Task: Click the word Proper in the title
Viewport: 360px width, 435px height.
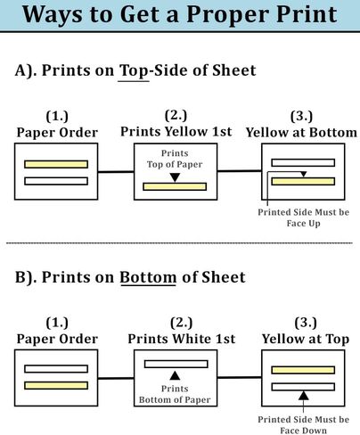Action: click(x=227, y=15)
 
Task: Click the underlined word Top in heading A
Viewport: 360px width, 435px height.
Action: click(x=134, y=71)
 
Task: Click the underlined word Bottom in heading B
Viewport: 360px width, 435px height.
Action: click(x=148, y=277)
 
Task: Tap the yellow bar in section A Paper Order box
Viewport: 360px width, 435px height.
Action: click(x=56, y=164)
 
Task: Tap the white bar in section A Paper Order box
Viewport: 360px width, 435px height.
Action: click(x=56, y=181)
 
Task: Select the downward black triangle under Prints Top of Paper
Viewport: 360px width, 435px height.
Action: click(x=175, y=177)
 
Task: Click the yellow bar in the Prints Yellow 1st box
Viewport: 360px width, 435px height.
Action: click(x=175, y=186)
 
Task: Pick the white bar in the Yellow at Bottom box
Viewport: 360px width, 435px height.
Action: click(x=303, y=163)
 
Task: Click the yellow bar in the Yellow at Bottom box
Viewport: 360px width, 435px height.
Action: click(x=303, y=181)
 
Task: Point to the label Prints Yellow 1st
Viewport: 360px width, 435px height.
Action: click(x=176, y=131)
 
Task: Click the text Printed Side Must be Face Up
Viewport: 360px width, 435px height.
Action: click(x=303, y=217)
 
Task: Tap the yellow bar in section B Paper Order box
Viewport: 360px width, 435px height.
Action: click(x=56, y=386)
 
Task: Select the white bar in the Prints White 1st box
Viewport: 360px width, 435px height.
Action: click(x=176, y=364)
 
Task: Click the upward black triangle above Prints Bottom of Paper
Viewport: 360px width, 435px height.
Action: click(x=175, y=376)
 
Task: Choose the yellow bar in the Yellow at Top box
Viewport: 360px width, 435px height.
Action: click(x=303, y=370)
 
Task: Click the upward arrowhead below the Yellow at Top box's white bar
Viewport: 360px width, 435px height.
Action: click(x=303, y=396)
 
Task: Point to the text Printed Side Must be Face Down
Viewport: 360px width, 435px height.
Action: click(x=303, y=425)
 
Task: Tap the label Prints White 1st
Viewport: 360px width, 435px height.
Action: click(x=182, y=339)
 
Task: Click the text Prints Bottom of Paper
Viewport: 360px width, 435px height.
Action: click(x=175, y=394)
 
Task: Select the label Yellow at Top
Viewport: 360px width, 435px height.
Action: click(x=306, y=339)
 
